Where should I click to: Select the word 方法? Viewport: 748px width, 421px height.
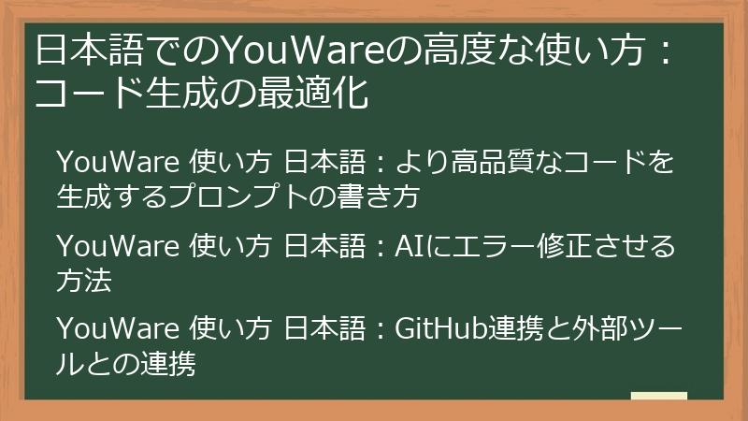[83, 280]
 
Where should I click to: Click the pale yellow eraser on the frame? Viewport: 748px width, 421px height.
[659, 396]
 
